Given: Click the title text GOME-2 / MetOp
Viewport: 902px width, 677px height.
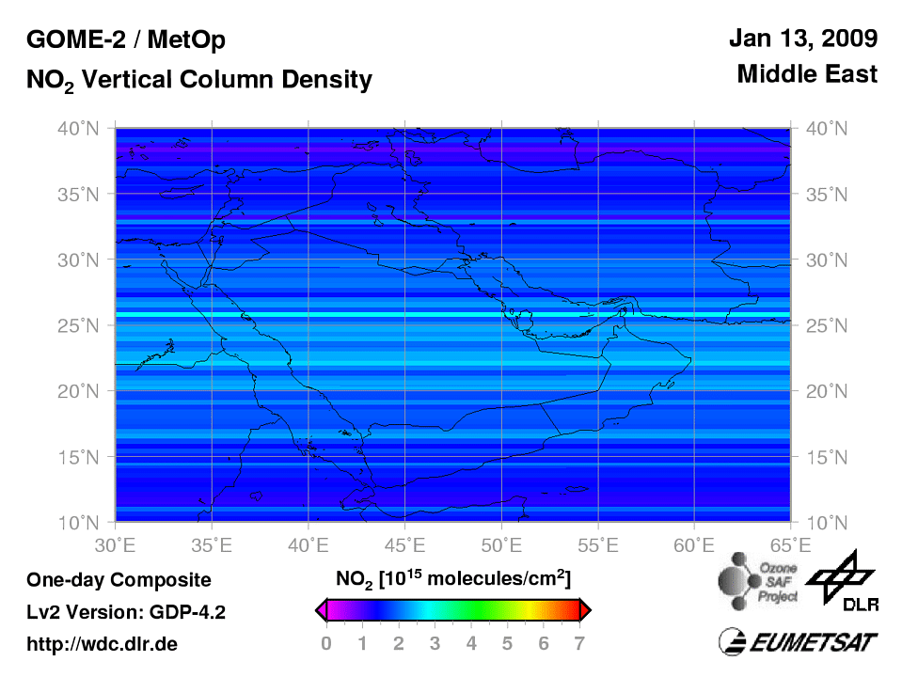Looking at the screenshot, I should coord(126,40).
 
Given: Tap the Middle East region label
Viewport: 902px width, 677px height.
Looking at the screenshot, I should coord(807,73).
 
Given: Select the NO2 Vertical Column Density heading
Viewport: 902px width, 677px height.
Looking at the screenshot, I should coord(198,81).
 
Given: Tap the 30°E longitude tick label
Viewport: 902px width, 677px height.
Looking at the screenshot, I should coord(116,544).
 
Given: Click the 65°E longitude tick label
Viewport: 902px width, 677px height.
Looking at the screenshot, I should coord(790,544).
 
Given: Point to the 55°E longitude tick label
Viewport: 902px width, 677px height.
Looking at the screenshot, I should coord(597,544).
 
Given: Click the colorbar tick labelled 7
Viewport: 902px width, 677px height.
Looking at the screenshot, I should coord(580,644).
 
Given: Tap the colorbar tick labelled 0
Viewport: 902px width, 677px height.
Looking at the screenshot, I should coord(325,644).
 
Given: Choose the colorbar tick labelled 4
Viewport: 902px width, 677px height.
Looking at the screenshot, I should coord(471,644).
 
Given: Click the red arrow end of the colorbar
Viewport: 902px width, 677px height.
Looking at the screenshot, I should coord(585,611).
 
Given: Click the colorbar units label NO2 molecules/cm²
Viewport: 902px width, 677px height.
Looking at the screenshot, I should coord(452,576).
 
